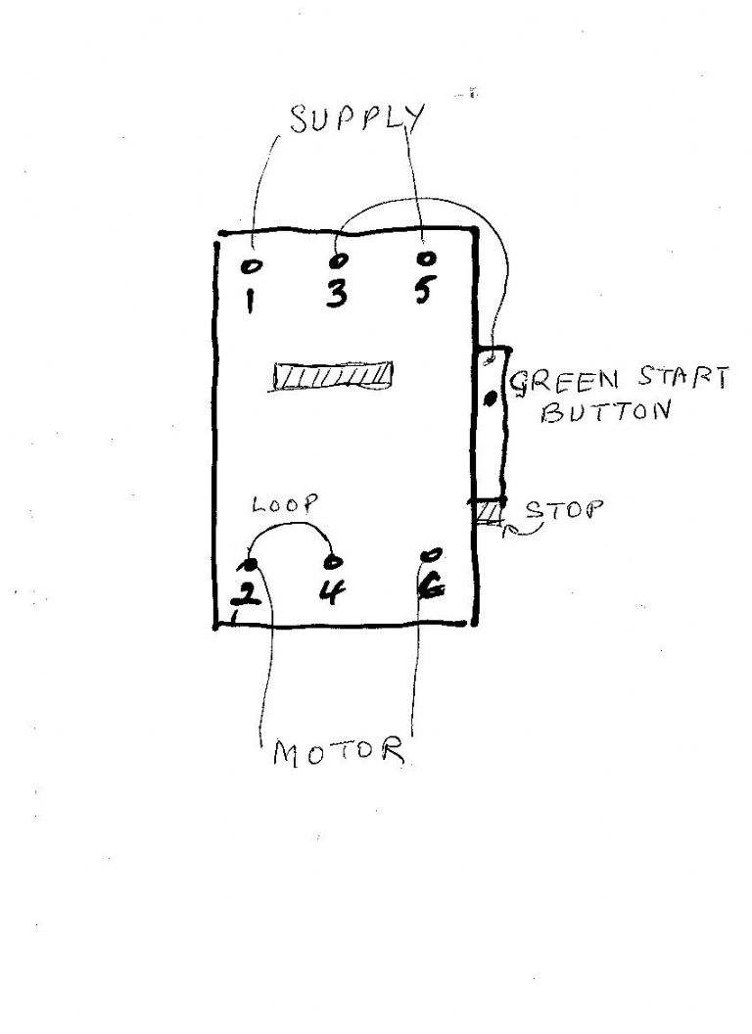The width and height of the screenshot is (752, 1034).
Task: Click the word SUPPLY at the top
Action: pyautogui.click(x=358, y=119)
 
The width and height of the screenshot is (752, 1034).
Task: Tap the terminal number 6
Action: pyautogui.click(x=430, y=588)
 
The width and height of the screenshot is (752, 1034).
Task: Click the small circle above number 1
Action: pyautogui.click(x=251, y=265)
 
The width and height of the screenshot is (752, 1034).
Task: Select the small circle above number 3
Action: pyautogui.click(x=338, y=261)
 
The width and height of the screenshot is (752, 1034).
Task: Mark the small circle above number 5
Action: pyautogui.click(x=426, y=259)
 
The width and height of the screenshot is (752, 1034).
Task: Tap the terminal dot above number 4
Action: pyautogui.click(x=335, y=562)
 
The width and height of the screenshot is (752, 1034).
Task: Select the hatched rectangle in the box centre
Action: pyautogui.click(x=334, y=376)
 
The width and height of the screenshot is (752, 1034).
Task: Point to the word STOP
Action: pyautogui.click(x=564, y=510)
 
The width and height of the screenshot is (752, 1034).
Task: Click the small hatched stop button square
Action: pyautogui.click(x=489, y=512)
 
